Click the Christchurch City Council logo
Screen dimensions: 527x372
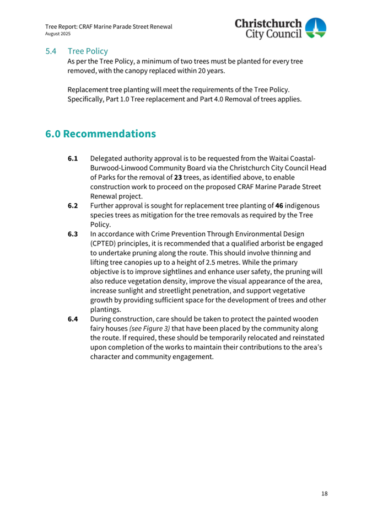(x=281, y=29)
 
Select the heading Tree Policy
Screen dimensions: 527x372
(x=88, y=51)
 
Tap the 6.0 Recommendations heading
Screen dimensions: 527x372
(x=101, y=134)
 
